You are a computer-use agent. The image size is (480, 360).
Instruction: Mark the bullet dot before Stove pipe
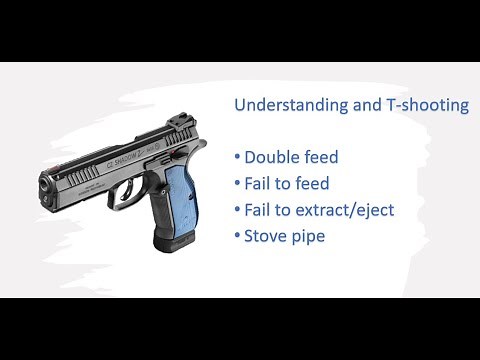pyautogui.click(x=238, y=237)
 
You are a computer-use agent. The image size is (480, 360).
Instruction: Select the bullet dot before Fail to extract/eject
pyautogui.click(x=238, y=211)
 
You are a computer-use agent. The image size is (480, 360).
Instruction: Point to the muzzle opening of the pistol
pyautogui.click(x=44, y=184)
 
